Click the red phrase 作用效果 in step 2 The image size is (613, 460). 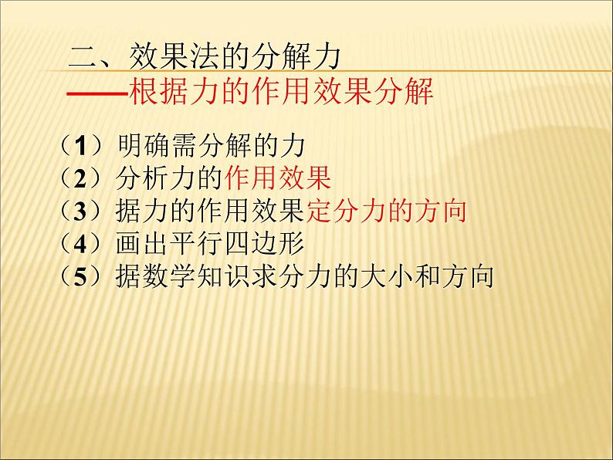point(278,178)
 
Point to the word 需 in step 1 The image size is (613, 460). point(182,145)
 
